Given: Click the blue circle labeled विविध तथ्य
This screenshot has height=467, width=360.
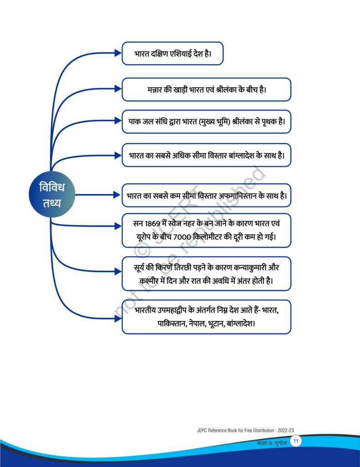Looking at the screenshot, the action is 52,194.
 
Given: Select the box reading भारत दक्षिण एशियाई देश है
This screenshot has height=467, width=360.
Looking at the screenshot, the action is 173,53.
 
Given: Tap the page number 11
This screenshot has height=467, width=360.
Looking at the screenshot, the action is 295,441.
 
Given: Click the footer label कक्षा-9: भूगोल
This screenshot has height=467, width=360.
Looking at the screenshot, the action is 272,443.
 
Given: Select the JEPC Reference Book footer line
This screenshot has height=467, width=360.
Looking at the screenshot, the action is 245,431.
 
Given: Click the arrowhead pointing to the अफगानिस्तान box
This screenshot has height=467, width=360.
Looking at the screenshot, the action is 117,195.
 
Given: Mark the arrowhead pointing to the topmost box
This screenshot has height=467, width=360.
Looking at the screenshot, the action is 118,53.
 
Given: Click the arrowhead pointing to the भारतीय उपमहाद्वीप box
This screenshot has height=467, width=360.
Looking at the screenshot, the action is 118,318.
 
